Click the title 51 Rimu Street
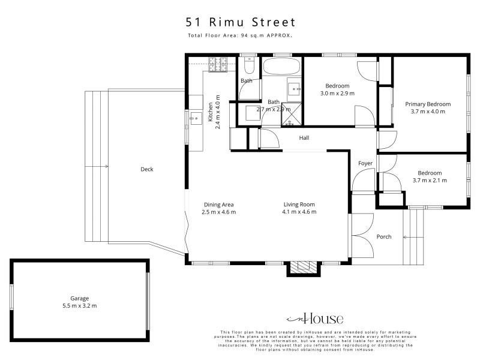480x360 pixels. click(241, 22)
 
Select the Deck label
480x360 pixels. click(146, 169)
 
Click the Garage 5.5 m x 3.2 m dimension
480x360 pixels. click(80, 305)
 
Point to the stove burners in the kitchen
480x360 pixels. click(218, 65)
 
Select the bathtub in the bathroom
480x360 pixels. click(281, 66)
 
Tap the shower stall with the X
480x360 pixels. click(292, 114)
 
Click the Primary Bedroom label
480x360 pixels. click(428, 104)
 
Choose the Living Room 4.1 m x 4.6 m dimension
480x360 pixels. click(299, 212)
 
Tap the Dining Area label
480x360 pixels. click(219, 205)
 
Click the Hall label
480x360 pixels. click(304, 138)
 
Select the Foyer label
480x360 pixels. click(365, 163)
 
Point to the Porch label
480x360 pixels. click(384, 236)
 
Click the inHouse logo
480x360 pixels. click(315, 319)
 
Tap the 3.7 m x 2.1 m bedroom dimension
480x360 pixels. click(430, 181)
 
